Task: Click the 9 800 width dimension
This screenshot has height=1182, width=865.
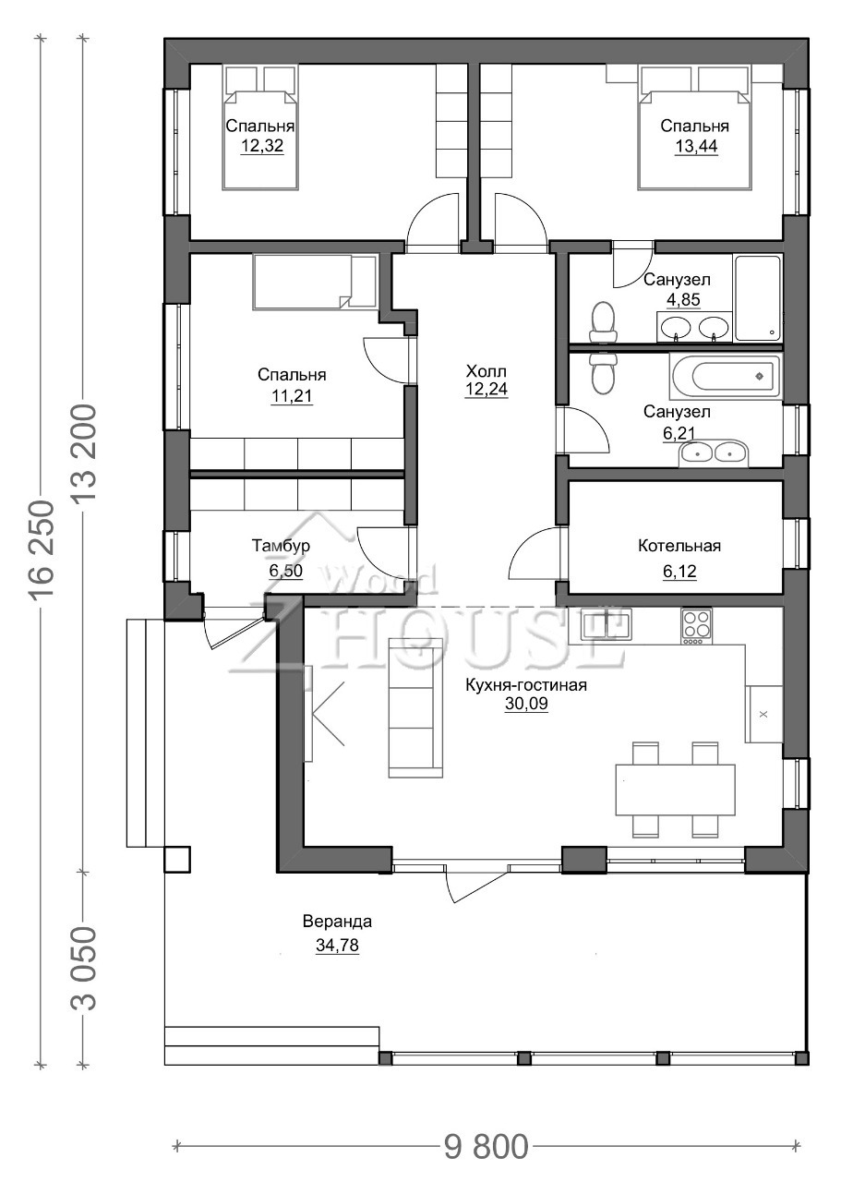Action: pyautogui.click(x=486, y=1143)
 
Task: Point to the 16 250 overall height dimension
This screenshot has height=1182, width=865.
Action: pyautogui.click(x=42, y=549)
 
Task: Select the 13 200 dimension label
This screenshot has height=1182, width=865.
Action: pyautogui.click(x=84, y=452)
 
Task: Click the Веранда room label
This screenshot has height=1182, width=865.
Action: pyautogui.click(x=337, y=922)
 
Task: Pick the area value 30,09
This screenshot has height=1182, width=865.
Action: pyautogui.click(x=526, y=704)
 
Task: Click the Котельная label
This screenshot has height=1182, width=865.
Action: pyautogui.click(x=679, y=546)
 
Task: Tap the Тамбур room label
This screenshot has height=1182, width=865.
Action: pyautogui.click(x=281, y=546)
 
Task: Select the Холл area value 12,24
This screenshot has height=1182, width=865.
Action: pyautogui.click(x=487, y=389)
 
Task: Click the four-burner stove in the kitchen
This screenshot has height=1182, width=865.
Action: pyautogui.click(x=696, y=626)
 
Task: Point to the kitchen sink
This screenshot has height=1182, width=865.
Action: pyautogui.click(x=606, y=624)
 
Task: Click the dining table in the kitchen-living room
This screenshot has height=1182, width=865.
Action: pyautogui.click(x=676, y=790)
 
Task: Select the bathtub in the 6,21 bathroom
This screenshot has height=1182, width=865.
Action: pyautogui.click(x=726, y=377)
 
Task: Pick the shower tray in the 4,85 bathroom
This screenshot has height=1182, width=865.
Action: pyautogui.click(x=758, y=298)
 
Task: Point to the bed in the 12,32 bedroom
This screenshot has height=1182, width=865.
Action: pyautogui.click(x=260, y=127)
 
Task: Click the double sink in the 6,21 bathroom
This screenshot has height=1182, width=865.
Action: pyautogui.click(x=714, y=453)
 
